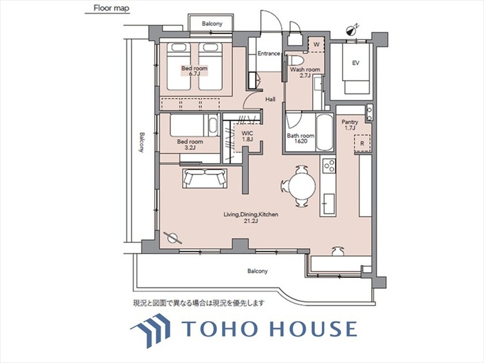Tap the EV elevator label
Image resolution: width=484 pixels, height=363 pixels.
356,63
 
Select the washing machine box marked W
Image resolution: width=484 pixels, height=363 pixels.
316,44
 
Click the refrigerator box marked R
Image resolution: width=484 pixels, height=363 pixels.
362,143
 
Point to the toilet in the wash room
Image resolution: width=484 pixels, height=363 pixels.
296,58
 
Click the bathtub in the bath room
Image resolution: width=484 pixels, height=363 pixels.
324,133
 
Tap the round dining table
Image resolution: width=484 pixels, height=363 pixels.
302,186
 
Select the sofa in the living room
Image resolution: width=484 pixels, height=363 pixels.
205,178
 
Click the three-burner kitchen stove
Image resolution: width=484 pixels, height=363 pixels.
329,165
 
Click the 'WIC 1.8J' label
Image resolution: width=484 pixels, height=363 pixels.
247,136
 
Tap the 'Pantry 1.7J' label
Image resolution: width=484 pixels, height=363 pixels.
350,125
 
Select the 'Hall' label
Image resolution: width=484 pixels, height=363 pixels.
270,99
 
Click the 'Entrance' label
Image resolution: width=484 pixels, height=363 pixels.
269,54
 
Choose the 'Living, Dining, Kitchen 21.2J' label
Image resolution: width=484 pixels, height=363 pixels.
250,217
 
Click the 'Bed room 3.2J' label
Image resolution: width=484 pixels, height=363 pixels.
190,144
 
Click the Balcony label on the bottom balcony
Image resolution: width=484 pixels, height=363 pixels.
257,271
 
